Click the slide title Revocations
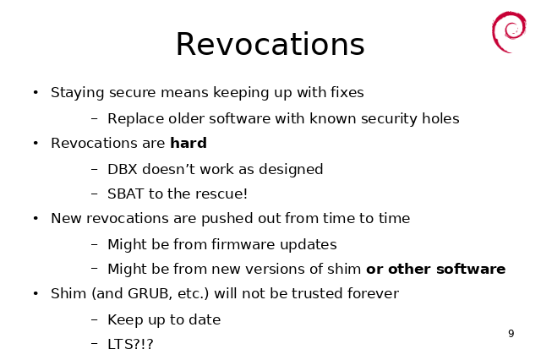(270, 44)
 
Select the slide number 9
(511, 334)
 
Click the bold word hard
(189, 143)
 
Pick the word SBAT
(125, 194)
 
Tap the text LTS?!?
(130, 344)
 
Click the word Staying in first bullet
(77, 93)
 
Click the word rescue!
(221, 194)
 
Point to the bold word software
(471, 269)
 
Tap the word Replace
(135, 119)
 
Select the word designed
(291, 170)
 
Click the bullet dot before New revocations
(36, 218)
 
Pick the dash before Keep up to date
(95, 319)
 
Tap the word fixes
(347, 92)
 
